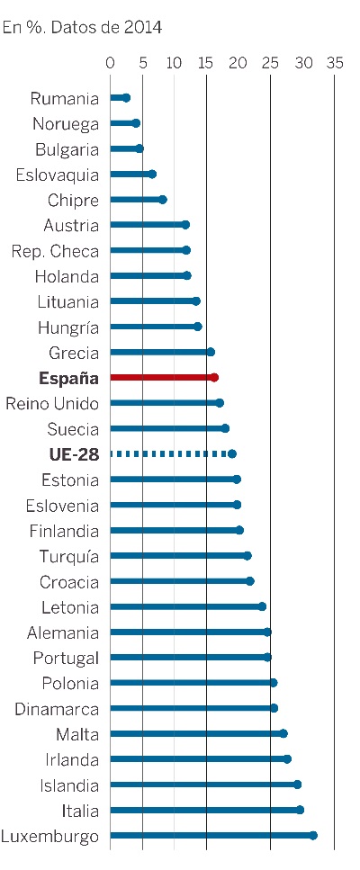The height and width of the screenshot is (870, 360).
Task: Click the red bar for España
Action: (x=164, y=378)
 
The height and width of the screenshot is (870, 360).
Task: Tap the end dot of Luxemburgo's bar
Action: (x=313, y=836)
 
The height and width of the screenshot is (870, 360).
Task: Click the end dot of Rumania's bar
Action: (x=127, y=98)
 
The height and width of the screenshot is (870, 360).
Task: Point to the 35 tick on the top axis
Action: (x=335, y=63)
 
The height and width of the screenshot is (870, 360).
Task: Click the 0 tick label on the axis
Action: (x=110, y=63)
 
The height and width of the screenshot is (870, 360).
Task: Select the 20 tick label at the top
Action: (x=238, y=63)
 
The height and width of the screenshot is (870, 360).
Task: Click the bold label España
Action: (x=68, y=379)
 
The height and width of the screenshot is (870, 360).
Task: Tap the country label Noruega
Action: (x=66, y=124)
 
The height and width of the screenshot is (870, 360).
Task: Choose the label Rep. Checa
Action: (x=55, y=251)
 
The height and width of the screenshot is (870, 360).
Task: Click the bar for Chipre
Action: (x=138, y=200)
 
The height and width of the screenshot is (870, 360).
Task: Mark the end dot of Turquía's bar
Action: (x=247, y=556)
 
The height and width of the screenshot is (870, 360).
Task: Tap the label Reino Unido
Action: (x=52, y=404)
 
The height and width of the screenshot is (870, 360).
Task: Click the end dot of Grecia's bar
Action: (x=211, y=353)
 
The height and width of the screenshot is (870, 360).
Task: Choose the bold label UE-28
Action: (x=74, y=455)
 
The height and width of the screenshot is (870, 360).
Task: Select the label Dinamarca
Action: (x=57, y=709)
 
